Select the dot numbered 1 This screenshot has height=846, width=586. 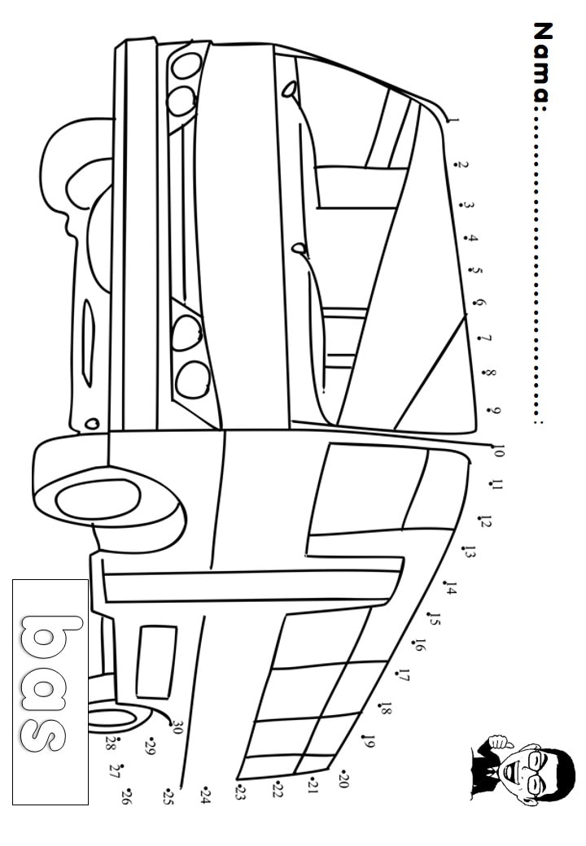(448, 122)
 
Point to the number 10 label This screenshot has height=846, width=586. (499, 451)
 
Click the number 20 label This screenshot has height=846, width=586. (343, 781)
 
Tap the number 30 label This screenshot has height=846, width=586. (177, 728)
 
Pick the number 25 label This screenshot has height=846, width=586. (168, 796)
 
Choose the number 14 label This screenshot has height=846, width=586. (451, 589)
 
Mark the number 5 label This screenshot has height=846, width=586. (478, 273)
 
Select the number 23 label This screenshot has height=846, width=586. (240, 792)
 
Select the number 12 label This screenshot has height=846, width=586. (484, 522)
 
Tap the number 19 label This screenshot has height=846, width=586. (369, 743)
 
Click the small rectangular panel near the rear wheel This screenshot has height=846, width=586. (156, 662)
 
